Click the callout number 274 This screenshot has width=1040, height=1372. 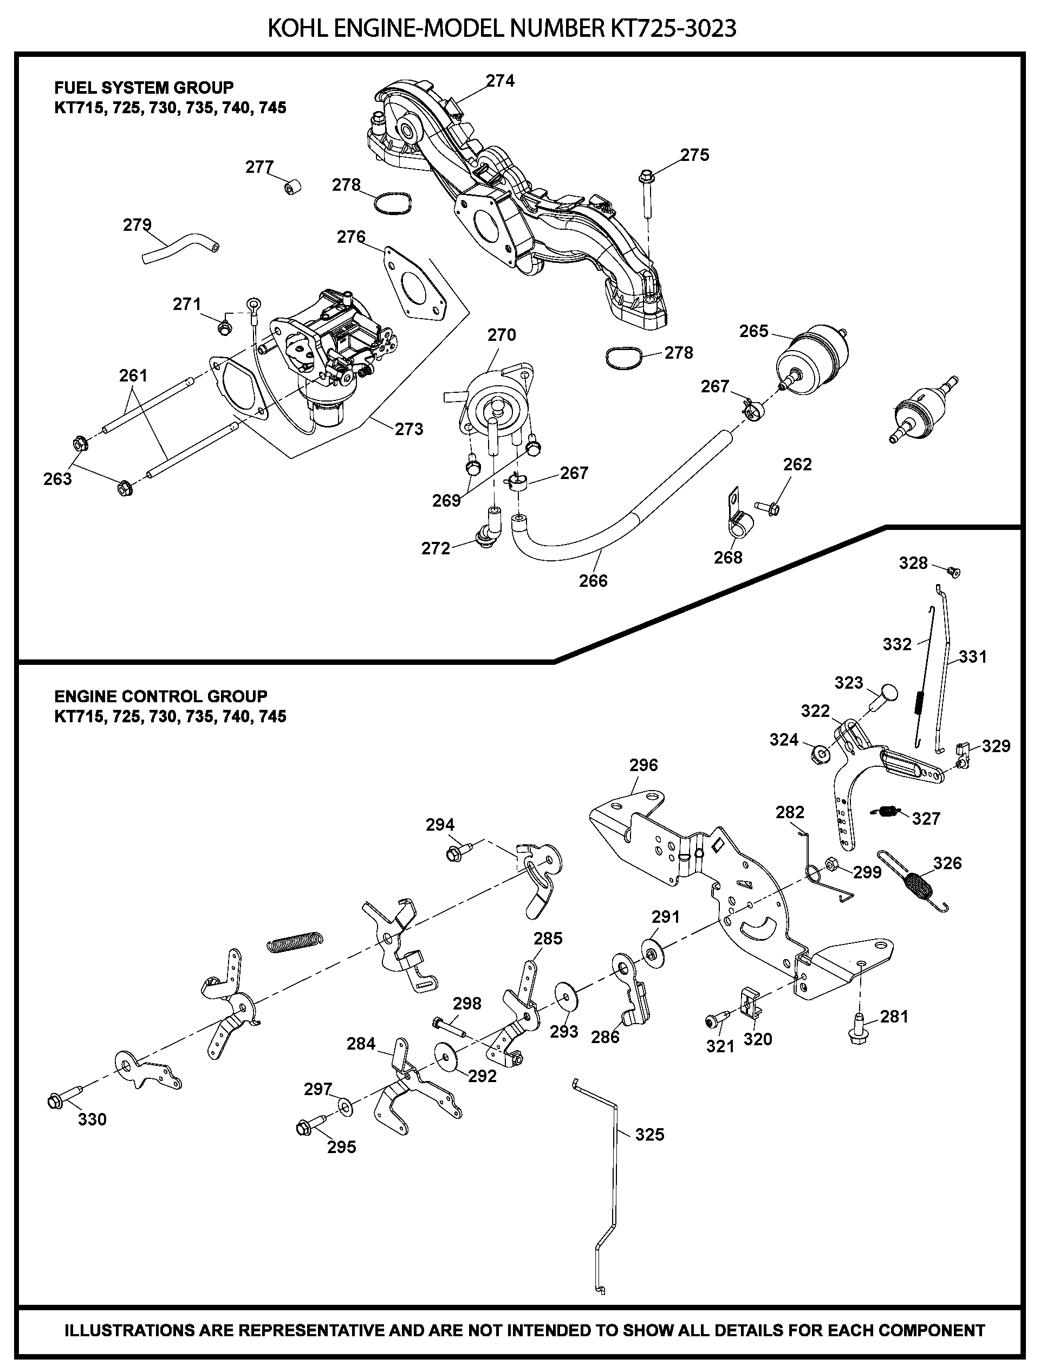click(x=500, y=81)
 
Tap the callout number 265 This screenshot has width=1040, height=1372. click(x=753, y=331)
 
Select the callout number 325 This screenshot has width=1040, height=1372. click(x=649, y=1135)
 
